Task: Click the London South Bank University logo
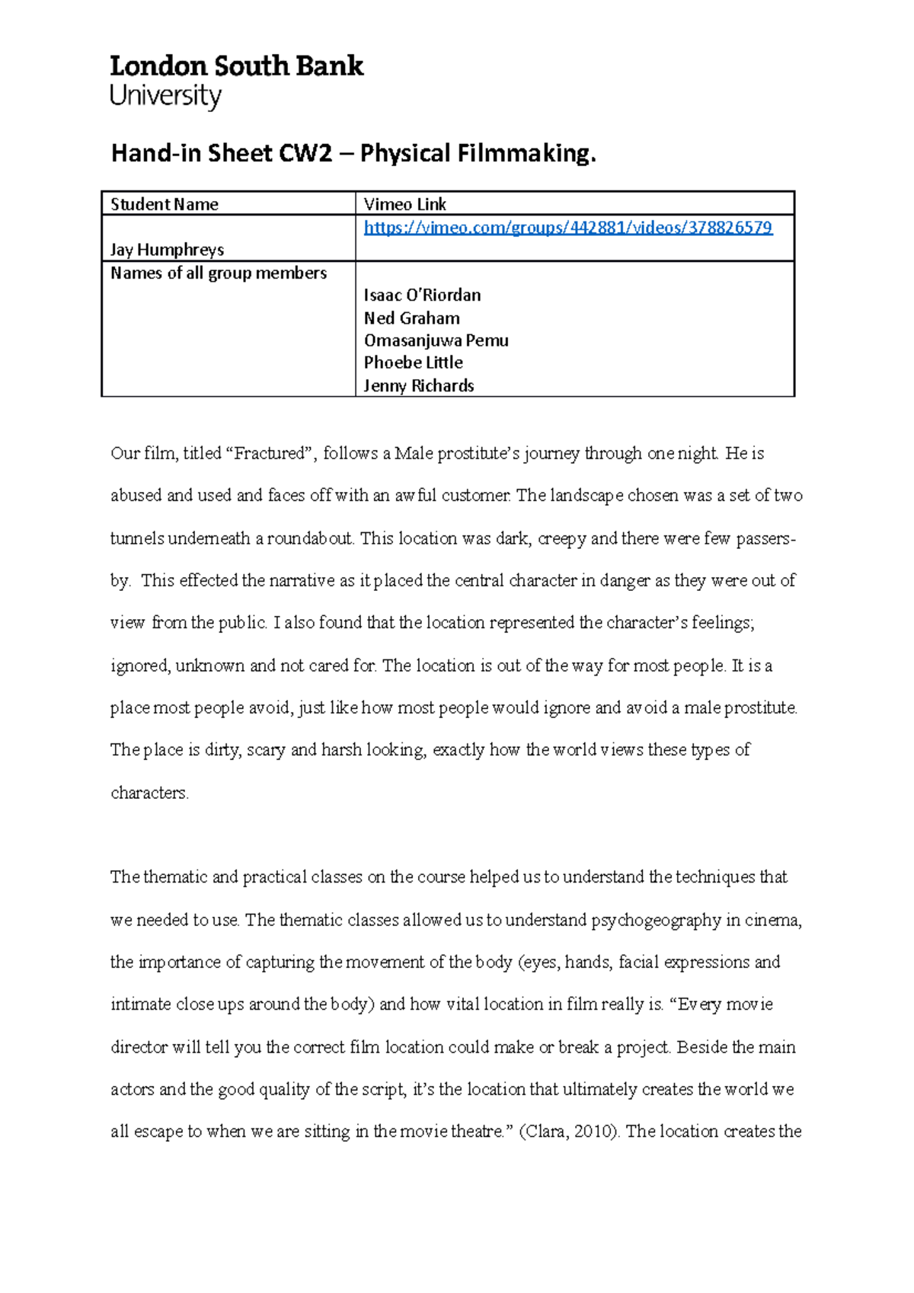[236, 81]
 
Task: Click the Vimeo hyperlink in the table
[567, 227]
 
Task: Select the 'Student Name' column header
[165, 204]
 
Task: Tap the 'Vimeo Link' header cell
[404, 204]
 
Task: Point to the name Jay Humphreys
[167, 250]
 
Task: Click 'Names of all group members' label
[219, 273]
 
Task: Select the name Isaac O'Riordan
[422, 295]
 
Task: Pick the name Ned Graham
[411, 318]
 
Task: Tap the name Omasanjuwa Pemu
[436, 340]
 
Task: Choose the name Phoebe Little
[413, 362]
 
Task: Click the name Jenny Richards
[418, 385]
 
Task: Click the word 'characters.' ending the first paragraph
[149, 793]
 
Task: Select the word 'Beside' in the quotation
[701, 1047]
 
